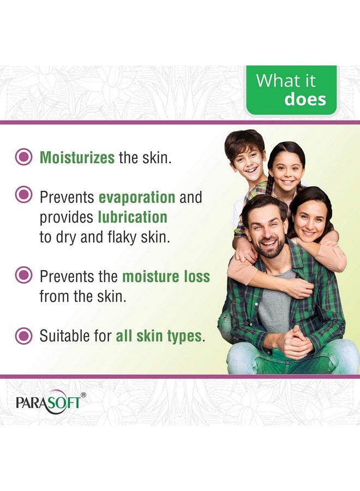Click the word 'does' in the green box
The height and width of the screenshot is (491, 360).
(305, 99)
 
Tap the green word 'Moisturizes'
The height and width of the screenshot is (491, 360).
(76, 158)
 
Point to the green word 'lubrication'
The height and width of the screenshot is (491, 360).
(133, 217)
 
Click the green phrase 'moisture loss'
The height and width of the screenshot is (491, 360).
(166, 276)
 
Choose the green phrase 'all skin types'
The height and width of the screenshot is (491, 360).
(158, 336)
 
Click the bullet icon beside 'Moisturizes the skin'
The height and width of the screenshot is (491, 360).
(23, 158)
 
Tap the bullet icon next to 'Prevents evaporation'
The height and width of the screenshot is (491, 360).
(23, 194)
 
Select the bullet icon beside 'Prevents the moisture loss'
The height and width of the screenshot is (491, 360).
(23, 275)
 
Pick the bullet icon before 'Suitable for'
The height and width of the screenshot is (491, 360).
(23, 334)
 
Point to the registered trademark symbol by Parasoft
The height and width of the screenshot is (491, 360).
(83, 394)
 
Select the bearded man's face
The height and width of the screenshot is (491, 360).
(264, 228)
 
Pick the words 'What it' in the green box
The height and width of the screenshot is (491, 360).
(285, 81)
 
